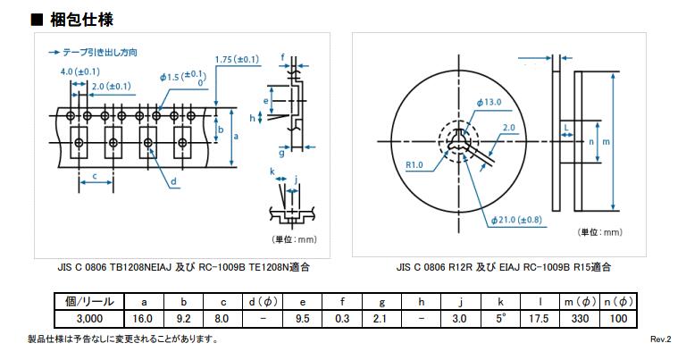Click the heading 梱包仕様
tap(82, 20)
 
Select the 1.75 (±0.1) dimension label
tap(237, 59)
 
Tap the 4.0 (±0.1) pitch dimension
tap(80, 71)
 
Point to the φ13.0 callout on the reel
tap(489, 103)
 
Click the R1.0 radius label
tap(414, 165)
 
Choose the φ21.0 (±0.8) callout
tap(516, 220)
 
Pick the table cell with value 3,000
tap(89, 318)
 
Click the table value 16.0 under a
tap(143, 318)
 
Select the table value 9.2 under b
tap(183, 318)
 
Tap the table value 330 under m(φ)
tap(580, 318)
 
